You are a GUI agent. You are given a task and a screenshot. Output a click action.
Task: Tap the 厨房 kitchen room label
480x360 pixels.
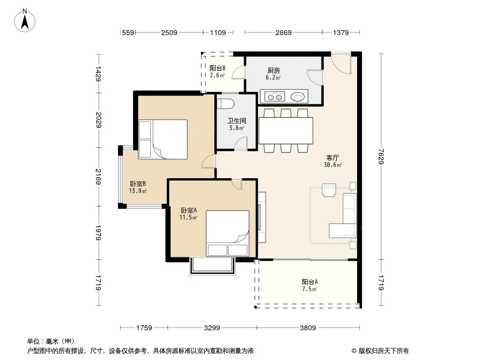(x=273, y=71)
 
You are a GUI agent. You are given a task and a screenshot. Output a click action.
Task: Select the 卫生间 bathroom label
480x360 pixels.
(x=237, y=121)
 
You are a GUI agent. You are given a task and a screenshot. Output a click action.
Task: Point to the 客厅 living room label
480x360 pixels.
(x=332, y=158)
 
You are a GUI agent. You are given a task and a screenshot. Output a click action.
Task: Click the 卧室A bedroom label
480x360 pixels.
(x=189, y=211)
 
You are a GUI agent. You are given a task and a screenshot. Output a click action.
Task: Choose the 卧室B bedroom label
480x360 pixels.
(x=138, y=184)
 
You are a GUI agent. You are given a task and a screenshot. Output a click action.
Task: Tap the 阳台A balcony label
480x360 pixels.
(x=310, y=282)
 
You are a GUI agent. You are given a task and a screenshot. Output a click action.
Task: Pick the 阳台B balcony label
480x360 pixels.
(x=217, y=68)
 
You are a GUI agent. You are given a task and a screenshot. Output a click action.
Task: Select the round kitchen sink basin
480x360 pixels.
(x=297, y=97)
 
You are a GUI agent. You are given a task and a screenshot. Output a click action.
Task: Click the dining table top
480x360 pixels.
(x=286, y=130)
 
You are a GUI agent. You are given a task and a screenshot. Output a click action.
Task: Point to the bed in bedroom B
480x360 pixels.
(x=163, y=139)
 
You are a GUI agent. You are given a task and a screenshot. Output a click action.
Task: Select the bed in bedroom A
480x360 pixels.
(x=227, y=233)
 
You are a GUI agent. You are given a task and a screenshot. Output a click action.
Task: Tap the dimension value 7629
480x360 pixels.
(x=380, y=156)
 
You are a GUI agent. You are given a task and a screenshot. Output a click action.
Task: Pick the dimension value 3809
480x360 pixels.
(x=308, y=328)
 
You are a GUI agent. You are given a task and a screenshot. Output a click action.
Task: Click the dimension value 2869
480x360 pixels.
(x=284, y=32)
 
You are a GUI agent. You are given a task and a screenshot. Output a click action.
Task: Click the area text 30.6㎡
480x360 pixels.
(x=333, y=165)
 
